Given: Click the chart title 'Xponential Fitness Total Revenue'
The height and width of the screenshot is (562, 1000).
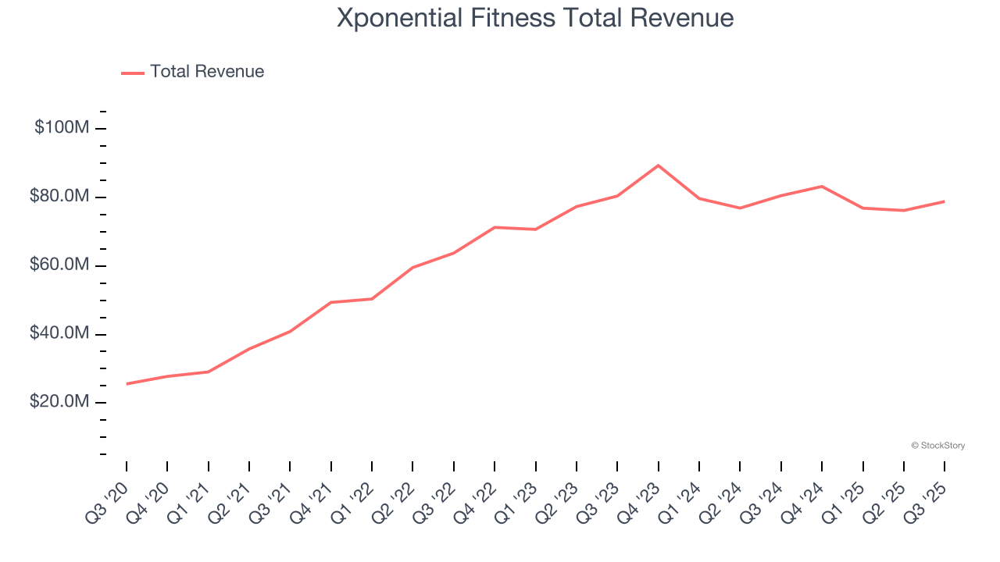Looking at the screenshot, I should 535,18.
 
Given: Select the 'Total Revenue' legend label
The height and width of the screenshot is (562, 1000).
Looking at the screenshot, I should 207,72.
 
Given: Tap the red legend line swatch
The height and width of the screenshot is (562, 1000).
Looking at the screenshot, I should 133,73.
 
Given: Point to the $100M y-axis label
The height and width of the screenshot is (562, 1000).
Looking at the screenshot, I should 62,127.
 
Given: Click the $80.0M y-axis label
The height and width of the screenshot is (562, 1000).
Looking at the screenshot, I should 59,196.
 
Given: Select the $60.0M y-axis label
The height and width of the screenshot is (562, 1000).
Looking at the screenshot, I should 59,265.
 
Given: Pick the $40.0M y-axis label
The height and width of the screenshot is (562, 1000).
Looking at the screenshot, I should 59,333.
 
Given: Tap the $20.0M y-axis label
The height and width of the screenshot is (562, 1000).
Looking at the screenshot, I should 59,402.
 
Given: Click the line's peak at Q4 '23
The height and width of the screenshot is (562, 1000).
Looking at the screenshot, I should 658,165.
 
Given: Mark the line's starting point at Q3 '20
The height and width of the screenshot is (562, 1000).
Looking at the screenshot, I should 127,383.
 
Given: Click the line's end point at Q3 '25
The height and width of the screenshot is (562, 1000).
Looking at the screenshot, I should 944,201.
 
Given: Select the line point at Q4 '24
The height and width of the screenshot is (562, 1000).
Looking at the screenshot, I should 821,187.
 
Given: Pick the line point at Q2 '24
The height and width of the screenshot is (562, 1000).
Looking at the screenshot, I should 739,208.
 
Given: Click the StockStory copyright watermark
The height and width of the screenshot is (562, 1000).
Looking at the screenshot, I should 937,446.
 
